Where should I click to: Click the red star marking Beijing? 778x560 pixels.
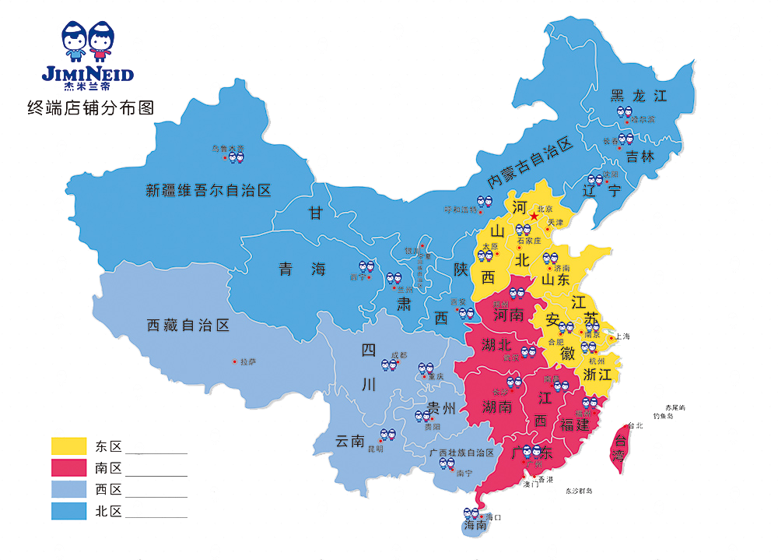pyautogui.click(x=533, y=216)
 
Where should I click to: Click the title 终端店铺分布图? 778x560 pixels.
pyautogui.click(x=90, y=107)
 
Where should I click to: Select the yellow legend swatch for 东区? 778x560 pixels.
pyautogui.click(x=69, y=446)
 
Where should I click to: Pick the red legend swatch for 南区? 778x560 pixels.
pyautogui.click(x=69, y=467)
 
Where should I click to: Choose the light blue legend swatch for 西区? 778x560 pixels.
pyautogui.click(x=69, y=489)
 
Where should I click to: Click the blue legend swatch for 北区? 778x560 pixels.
pyautogui.click(x=69, y=511)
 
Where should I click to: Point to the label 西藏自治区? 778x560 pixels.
pyautogui.click(x=188, y=326)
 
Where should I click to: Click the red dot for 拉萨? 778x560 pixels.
pyautogui.click(x=235, y=361)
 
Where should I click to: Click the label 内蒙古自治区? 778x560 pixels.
pyautogui.click(x=530, y=162)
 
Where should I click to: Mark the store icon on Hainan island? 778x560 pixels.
pyautogui.click(x=471, y=514)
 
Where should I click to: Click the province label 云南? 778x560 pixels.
pyautogui.click(x=350, y=441)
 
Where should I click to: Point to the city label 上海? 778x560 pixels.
pyautogui.click(x=622, y=336)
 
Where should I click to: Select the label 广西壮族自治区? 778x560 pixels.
pyautogui.click(x=462, y=453)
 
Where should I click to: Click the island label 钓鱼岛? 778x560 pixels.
pyautogui.click(x=668, y=417)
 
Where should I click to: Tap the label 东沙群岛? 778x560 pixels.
pyautogui.click(x=579, y=491)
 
